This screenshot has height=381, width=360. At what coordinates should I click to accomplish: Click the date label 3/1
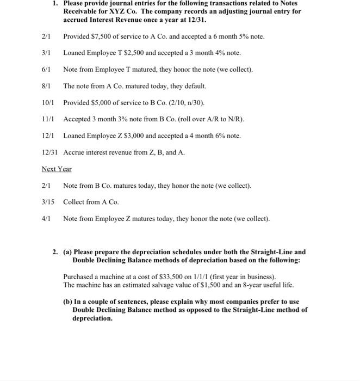[x=46, y=53]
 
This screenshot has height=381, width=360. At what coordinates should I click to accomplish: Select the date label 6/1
[x=46, y=70]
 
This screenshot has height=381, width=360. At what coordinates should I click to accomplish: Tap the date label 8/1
[x=46, y=86]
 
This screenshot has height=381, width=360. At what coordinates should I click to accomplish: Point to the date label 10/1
[x=48, y=102]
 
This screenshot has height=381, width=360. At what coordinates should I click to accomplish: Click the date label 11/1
[x=48, y=119]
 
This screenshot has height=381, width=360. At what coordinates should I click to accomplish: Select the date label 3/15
[x=48, y=202]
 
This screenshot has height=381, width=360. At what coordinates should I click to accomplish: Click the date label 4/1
[x=46, y=218]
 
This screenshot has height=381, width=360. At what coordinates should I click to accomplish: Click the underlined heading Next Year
[x=57, y=169]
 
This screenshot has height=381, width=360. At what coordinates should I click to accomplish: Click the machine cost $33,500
[x=156, y=276]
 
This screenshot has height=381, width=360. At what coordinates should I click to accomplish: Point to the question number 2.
[x=55, y=252]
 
